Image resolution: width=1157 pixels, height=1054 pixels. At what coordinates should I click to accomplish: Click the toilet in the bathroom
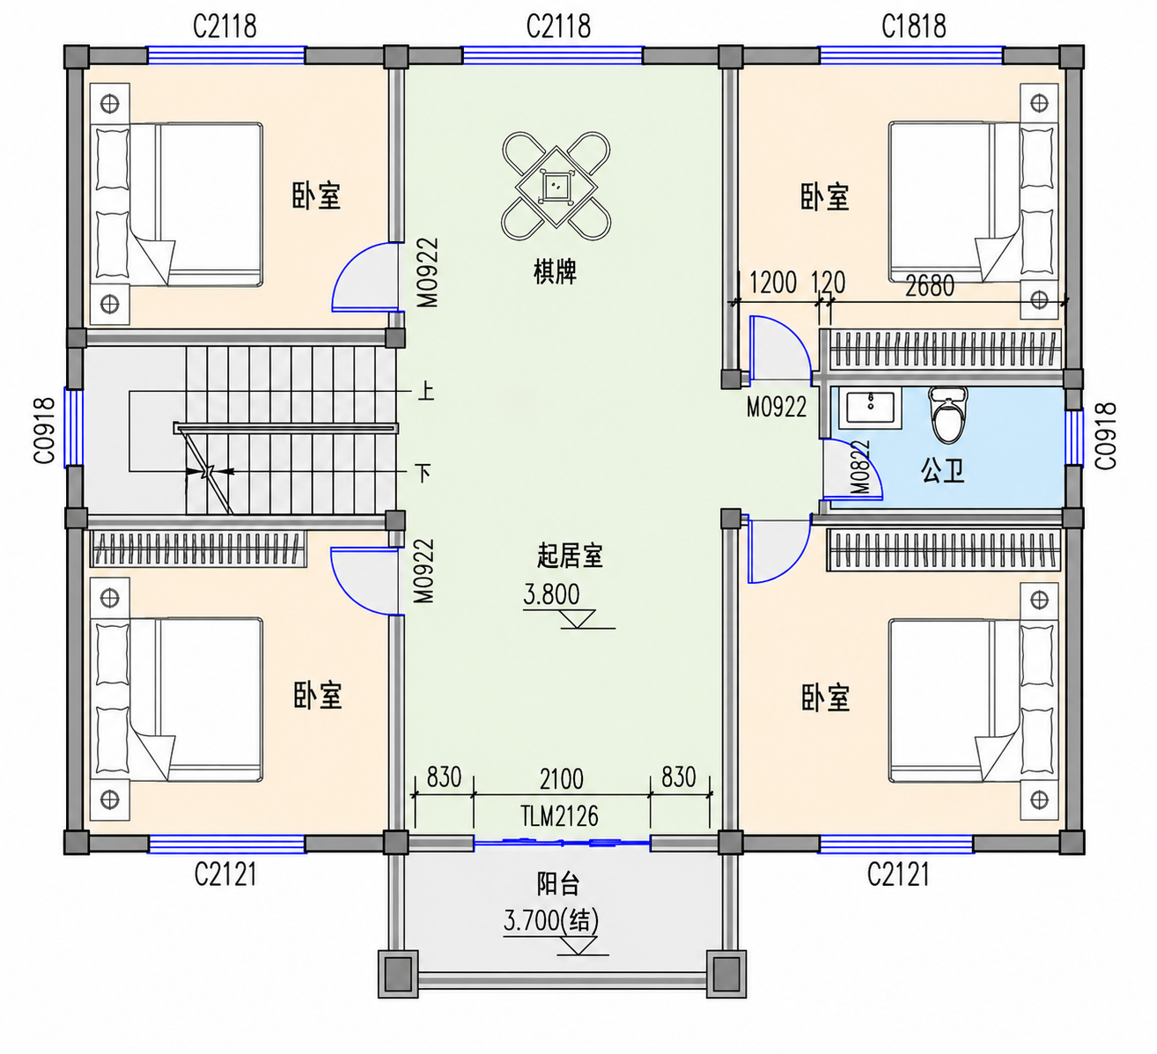coord(948,415)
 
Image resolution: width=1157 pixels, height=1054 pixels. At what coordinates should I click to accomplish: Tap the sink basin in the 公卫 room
coord(870,409)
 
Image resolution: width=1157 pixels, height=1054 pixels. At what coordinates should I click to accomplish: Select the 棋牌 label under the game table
coord(555,272)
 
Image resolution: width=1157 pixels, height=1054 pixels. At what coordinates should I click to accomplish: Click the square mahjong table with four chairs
coord(556,186)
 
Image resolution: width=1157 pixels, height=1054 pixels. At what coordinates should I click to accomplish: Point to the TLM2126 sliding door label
coord(559,815)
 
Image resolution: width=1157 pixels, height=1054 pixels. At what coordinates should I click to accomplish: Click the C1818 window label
coord(914,26)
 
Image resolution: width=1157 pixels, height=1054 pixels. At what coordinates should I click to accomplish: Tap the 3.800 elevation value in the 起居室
coord(551,594)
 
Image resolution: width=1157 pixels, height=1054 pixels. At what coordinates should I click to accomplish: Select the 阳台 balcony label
coord(557,884)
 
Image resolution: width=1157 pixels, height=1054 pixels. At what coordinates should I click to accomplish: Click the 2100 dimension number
coord(561,778)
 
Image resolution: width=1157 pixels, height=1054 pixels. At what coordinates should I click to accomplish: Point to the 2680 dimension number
coord(930,285)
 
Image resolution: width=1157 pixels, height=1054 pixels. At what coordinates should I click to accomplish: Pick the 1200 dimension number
coord(772,283)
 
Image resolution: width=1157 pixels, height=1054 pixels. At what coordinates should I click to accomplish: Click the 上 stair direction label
coord(425,391)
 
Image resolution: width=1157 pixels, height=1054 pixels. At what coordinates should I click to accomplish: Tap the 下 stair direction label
coord(424,473)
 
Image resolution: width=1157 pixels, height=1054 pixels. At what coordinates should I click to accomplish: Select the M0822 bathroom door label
coord(860,468)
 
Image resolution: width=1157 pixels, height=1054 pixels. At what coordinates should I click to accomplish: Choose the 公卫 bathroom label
coord(942,470)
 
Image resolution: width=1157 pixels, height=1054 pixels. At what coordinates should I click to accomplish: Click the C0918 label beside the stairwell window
coord(44,431)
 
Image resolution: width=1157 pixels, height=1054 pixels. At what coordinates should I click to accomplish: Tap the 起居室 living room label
coord(570,556)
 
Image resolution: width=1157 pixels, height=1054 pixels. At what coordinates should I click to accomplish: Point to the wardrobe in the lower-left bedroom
coord(198,548)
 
